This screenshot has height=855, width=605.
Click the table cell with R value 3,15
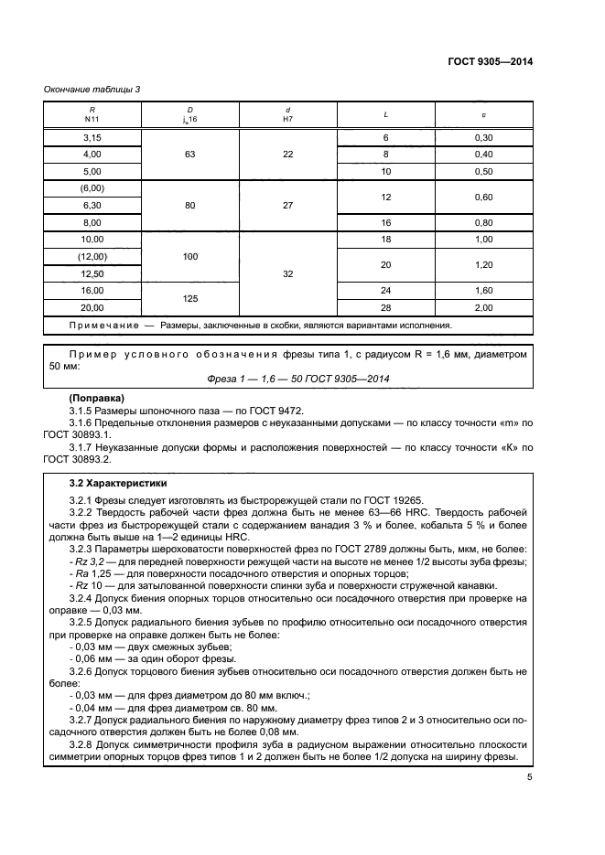[x=92, y=136]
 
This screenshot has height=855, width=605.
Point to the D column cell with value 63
[x=189, y=154]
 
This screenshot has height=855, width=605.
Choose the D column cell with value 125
[x=189, y=298]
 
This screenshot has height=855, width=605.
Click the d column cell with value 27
[x=287, y=206]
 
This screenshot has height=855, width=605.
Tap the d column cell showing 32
[x=287, y=273]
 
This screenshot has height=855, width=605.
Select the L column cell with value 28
[x=386, y=307]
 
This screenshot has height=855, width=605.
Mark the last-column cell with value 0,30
[x=484, y=136]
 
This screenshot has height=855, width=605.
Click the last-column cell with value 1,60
[x=484, y=290]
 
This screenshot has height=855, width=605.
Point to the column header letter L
[x=386, y=114]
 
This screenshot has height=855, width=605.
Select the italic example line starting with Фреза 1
[x=287, y=379]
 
